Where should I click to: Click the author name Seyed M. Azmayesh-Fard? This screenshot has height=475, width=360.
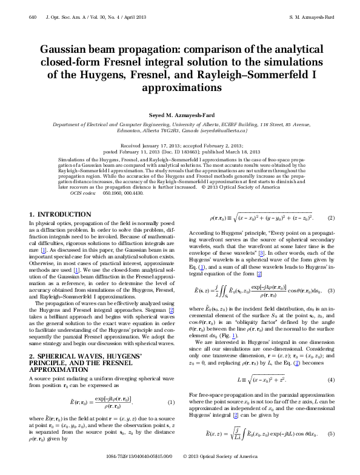(x=179, y=115)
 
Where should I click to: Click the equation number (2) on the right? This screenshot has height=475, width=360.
(x=331, y=217)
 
